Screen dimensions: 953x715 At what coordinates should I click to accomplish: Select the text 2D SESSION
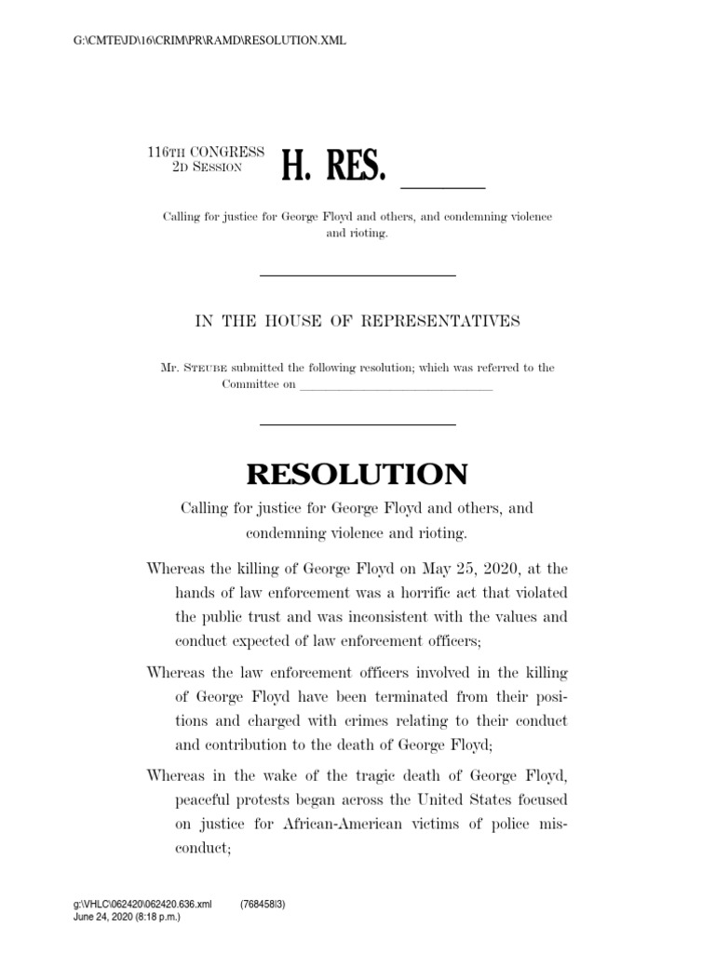[x=207, y=167]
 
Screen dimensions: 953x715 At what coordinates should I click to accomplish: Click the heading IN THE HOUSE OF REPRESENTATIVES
[x=357, y=321]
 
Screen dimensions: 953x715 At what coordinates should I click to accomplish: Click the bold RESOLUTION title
[x=357, y=475]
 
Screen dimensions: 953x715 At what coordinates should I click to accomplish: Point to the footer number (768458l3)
[x=263, y=904]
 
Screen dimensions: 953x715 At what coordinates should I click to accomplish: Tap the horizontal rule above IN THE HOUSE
[x=357, y=275]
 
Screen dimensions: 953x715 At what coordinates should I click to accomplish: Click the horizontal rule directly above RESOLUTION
[x=357, y=424]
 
